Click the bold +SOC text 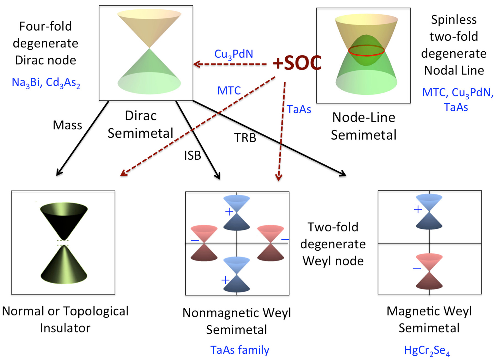(297, 63)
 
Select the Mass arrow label (67, 125)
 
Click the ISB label (192, 156)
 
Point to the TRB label (245, 138)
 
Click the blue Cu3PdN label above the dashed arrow (233, 54)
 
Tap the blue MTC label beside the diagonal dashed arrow (229, 91)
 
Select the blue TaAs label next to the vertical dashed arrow (299, 109)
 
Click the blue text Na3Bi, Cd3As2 (46, 82)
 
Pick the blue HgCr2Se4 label (427, 350)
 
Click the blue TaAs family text (239, 350)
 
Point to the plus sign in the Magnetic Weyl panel (418, 210)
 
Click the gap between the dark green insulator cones (64, 243)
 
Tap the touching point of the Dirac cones (149, 48)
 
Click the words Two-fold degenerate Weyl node (333, 244)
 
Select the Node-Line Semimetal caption (363, 126)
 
